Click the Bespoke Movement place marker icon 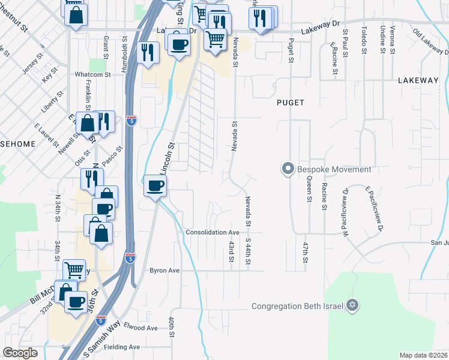(288, 169)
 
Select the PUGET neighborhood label (291, 103)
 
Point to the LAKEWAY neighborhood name (418, 80)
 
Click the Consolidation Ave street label (212, 232)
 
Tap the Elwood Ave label (140, 328)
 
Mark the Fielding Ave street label (121, 347)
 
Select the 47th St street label (305, 252)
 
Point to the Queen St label (309, 188)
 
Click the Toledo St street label (364, 40)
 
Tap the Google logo (20, 353)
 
